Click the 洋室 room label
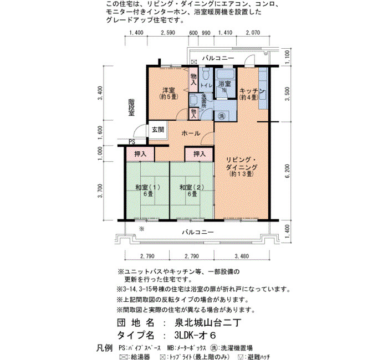[169, 90]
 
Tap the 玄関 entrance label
[158, 129]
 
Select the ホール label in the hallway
[191, 133]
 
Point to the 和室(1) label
[148, 187]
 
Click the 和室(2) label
[192, 187]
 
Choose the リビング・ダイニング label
[242, 163]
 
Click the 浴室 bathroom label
[224, 84]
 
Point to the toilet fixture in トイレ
[206, 73]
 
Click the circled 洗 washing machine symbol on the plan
[222, 116]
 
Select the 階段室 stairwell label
[131, 107]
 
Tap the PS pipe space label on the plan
[132, 142]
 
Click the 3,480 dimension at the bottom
[242, 256]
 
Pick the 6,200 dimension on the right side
[287, 171]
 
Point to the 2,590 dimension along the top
[168, 33]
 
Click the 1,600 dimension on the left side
[100, 133]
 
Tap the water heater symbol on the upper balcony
[194, 61]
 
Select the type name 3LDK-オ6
[195, 335]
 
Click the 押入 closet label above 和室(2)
[200, 154]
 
